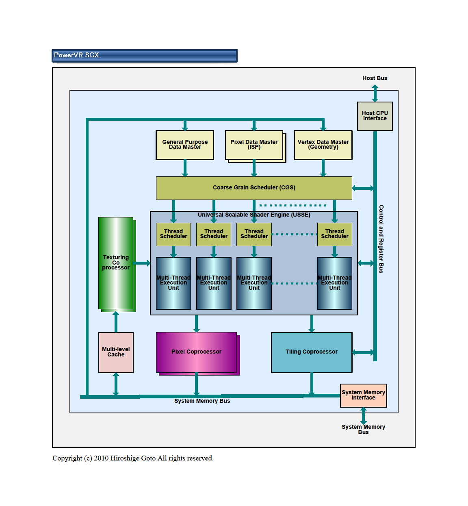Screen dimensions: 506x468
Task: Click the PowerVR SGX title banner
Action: tap(144, 56)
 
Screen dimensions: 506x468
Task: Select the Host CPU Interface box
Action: tap(375, 116)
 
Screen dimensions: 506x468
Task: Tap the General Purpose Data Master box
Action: tap(185, 145)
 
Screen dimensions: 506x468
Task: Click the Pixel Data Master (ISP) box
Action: tap(254, 145)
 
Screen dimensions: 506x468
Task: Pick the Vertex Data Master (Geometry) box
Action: tap(323, 145)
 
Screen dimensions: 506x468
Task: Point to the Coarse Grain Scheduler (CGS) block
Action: tap(254, 188)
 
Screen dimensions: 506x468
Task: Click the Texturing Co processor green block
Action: tap(116, 263)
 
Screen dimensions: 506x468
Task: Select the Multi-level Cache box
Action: tap(116, 352)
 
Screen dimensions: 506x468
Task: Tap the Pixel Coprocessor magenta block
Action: tap(196, 352)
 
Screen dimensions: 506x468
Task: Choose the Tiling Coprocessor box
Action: tap(311, 352)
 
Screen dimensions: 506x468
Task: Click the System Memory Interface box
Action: tap(363, 395)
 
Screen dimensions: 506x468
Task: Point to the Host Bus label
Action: tap(375, 78)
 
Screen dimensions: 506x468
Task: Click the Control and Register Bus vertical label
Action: tap(381, 239)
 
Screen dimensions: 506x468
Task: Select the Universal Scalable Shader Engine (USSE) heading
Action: tap(254, 215)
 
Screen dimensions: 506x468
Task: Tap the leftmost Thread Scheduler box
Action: tap(173, 234)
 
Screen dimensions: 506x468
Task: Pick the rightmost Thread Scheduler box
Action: tap(334, 234)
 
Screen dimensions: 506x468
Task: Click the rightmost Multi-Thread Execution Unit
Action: tap(334, 283)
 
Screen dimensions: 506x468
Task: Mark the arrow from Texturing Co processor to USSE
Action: tap(142, 263)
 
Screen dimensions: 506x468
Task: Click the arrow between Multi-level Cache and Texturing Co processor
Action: tap(116, 322)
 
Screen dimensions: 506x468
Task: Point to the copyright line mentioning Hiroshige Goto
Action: tap(133, 458)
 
